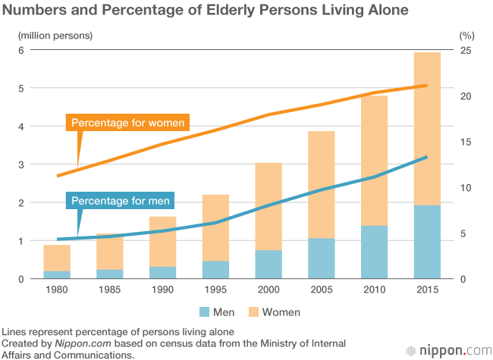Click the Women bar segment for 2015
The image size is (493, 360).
427,129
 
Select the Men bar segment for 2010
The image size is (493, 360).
374,252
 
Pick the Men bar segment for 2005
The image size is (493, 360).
322,258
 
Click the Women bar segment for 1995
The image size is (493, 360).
215,227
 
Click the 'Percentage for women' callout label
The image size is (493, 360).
127,123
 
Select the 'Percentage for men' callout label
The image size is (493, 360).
121,201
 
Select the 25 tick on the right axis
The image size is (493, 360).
466,51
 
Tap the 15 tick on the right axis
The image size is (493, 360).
466,142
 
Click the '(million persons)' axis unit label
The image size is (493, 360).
55,35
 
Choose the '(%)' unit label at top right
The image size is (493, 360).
466,35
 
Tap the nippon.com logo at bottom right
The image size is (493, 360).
452,350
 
